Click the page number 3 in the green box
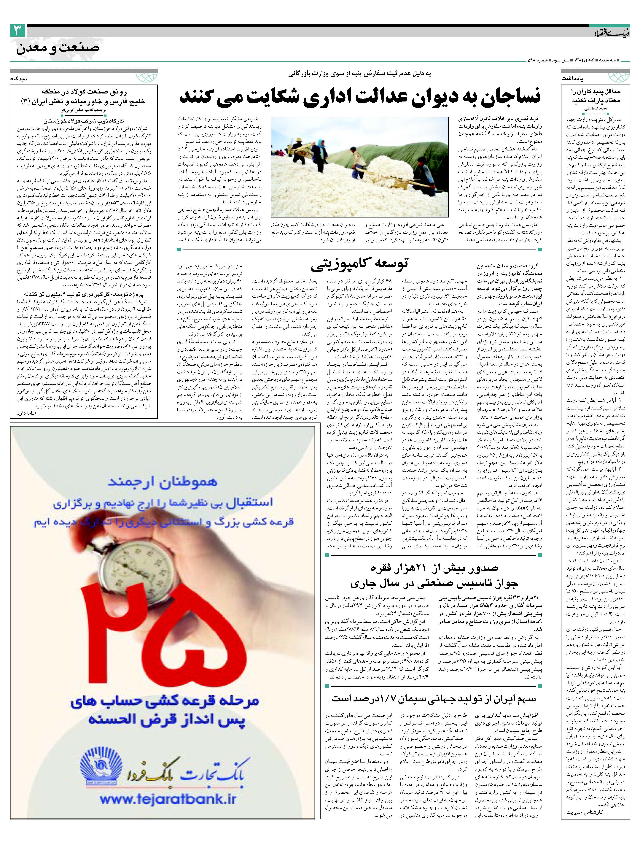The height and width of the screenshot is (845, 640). [17, 31]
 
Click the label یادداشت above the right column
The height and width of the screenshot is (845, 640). [573, 78]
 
